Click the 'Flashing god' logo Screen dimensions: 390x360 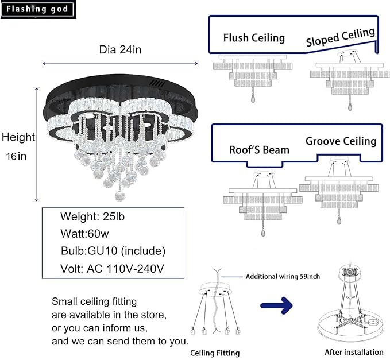38,9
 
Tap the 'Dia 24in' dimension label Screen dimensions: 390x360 120,49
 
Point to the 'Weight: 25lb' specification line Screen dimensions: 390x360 92,216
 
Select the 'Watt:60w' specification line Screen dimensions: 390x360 84,234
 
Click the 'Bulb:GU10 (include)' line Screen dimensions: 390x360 113,251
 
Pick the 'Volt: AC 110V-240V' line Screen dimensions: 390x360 112,269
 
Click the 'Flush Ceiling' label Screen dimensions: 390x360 254,38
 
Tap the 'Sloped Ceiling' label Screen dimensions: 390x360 341,37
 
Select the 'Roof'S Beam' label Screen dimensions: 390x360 259,150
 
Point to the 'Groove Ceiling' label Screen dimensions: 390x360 341,141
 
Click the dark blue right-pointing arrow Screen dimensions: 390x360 276,305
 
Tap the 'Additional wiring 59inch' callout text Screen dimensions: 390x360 283,277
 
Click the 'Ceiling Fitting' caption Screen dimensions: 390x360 215,353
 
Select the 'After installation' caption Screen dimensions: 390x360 354,352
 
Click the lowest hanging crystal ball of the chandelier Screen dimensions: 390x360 120,196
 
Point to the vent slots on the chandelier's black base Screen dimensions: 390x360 158,84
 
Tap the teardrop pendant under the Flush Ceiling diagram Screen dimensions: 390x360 253,99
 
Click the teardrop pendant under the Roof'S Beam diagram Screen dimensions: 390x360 263,233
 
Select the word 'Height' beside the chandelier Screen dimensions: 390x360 18,137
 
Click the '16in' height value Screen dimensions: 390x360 16,156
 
